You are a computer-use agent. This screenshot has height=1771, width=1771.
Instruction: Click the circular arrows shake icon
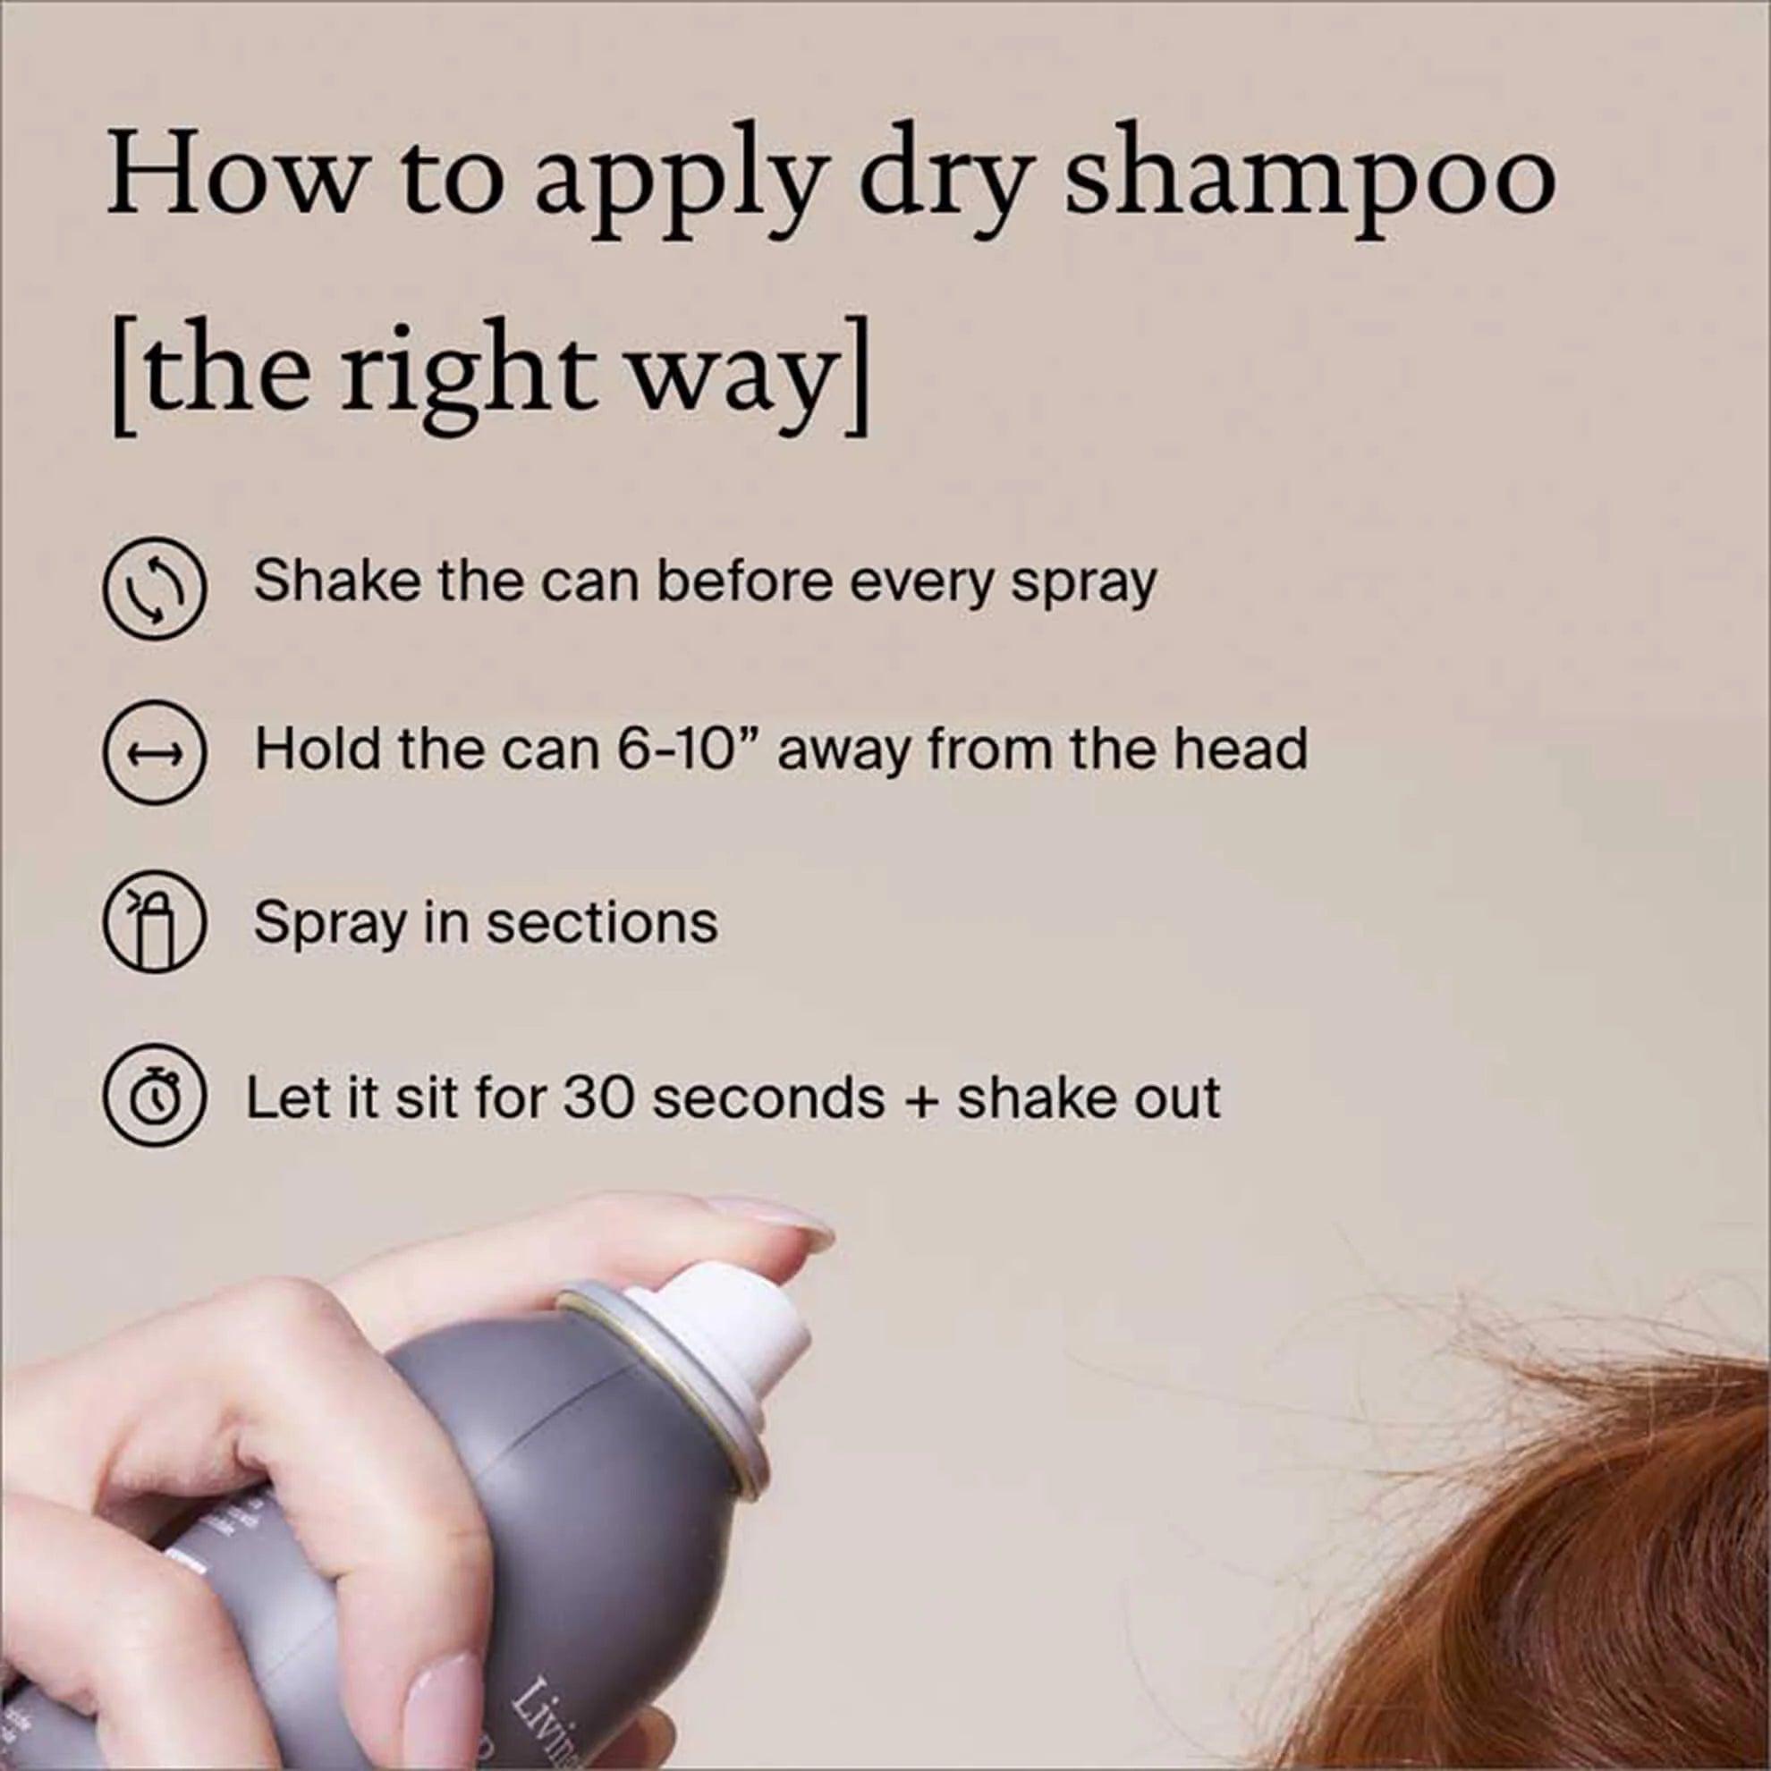point(152,586)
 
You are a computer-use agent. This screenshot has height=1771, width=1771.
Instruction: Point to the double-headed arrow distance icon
point(152,754)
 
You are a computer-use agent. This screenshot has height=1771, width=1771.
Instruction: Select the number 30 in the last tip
point(597,1097)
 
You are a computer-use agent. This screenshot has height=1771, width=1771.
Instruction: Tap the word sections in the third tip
point(601,922)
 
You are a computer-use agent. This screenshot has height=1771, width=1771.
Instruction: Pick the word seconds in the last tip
point(768,1097)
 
